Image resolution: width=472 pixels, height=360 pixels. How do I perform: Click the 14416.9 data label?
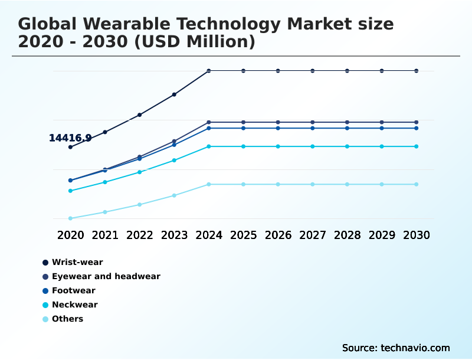pyautogui.click(x=70, y=138)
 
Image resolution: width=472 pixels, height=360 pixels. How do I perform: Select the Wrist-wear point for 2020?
pyautogui.click(x=70, y=147)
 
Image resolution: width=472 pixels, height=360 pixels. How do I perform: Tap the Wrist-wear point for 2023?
pyautogui.click(x=174, y=94)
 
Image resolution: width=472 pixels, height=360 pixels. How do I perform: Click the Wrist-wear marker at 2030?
pyautogui.click(x=416, y=71)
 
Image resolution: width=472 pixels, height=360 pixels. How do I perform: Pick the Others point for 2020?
pyautogui.click(x=70, y=218)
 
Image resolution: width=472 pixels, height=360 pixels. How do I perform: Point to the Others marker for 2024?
pyautogui.click(x=209, y=184)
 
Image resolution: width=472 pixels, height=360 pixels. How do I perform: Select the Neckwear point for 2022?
pyautogui.click(x=140, y=172)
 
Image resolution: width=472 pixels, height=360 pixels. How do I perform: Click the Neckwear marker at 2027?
pyautogui.click(x=313, y=146)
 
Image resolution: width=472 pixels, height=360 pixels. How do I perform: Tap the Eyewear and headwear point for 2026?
pyautogui.click(x=278, y=122)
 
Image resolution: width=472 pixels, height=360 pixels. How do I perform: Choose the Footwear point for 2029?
pyautogui.click(x=382, y=128)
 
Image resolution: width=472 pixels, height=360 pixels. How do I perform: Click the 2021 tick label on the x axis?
pyautogui.click(x=105, y=235)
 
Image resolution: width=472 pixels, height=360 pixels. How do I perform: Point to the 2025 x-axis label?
pyautogui.click(x=243, y=235)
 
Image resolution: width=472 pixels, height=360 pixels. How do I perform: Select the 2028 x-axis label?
pyautogui.click(x=347, y=235)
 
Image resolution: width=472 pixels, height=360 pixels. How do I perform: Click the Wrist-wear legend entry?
pyautogui.click(x=77, y=262)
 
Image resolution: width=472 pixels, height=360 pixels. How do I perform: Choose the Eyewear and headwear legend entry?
pyautogui.click(x=106, y=276)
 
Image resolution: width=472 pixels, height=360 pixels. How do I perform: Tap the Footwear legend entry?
pyautogui.click(x=73, y=290)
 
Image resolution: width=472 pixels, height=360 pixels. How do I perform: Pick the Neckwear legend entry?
pyautogui.click(x=74, y=305)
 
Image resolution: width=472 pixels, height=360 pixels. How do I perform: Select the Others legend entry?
pyautogui.click(x=67, y=319)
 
